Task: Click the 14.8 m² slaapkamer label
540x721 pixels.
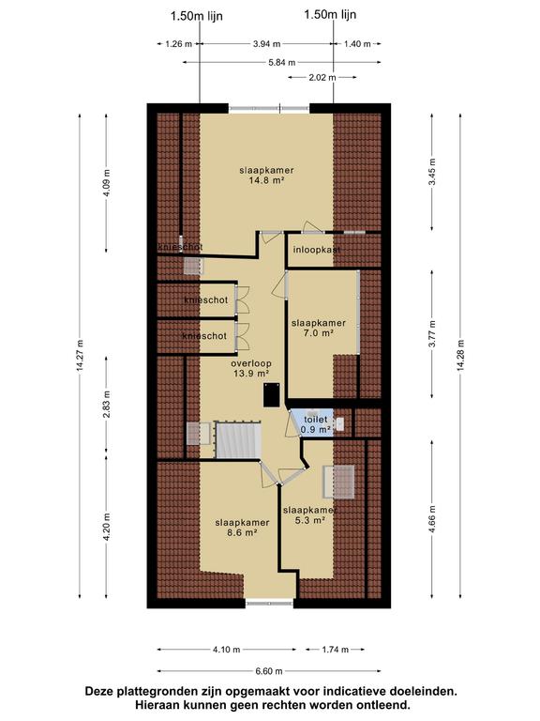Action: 266,176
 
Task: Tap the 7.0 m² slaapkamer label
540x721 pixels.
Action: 318,328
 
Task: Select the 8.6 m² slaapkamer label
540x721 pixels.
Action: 242,528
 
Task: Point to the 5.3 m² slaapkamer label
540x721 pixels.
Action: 310,515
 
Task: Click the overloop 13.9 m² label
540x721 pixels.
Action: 250,368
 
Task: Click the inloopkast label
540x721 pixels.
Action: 317,250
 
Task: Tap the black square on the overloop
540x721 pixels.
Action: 272,395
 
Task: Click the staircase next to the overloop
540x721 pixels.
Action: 238,440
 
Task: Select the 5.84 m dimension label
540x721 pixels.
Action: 282,63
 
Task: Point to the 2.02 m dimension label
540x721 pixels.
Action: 322,77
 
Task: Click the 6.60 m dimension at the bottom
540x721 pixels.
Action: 269,671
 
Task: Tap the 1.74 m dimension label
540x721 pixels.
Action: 336,650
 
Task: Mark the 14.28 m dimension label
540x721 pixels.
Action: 460,357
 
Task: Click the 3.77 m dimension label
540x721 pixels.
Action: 432,334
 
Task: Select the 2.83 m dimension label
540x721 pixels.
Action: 107,405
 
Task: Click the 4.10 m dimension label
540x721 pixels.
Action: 226,650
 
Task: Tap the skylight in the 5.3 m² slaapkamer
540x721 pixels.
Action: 338,482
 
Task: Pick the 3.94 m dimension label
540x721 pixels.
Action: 266,44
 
